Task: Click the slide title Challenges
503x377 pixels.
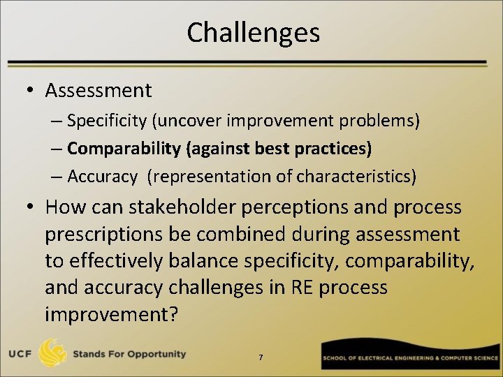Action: point(253,33)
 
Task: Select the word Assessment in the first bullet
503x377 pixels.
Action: point(98,90)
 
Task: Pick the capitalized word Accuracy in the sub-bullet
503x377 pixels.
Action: point(103,177)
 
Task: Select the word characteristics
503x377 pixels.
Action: point(356,177)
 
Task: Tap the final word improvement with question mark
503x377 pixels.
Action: point(111,313)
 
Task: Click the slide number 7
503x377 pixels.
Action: point(261,357)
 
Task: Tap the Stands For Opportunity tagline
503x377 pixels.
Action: point(129,354)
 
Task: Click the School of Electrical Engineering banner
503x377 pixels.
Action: point(411,357)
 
